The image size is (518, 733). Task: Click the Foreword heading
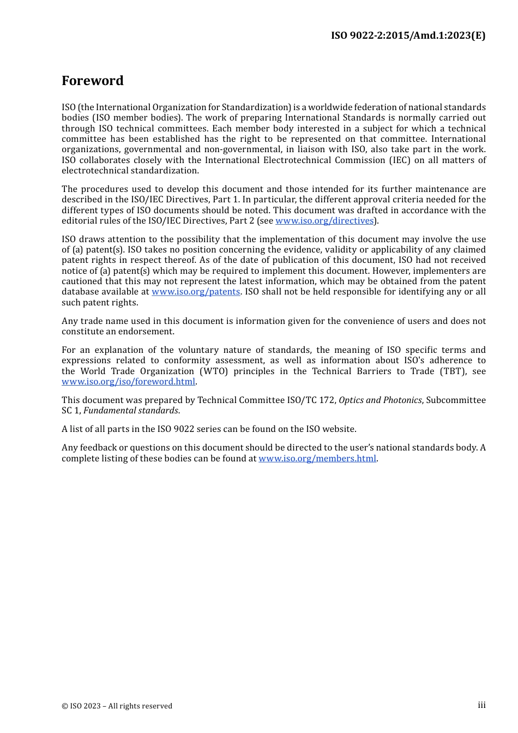[93, 81]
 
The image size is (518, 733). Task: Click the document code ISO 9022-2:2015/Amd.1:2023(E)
[408, 35]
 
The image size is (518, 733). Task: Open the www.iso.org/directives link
[324, 221]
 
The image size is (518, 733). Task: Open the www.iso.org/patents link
[196, 292]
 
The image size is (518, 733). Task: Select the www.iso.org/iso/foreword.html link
[128, 382]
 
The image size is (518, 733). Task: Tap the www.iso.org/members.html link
[317, 459]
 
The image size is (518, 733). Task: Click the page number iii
[481, 705]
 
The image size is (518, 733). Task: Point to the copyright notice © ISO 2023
[117, 706]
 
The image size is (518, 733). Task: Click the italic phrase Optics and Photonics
[380, 400]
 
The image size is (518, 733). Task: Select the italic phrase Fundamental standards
[131, 411]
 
